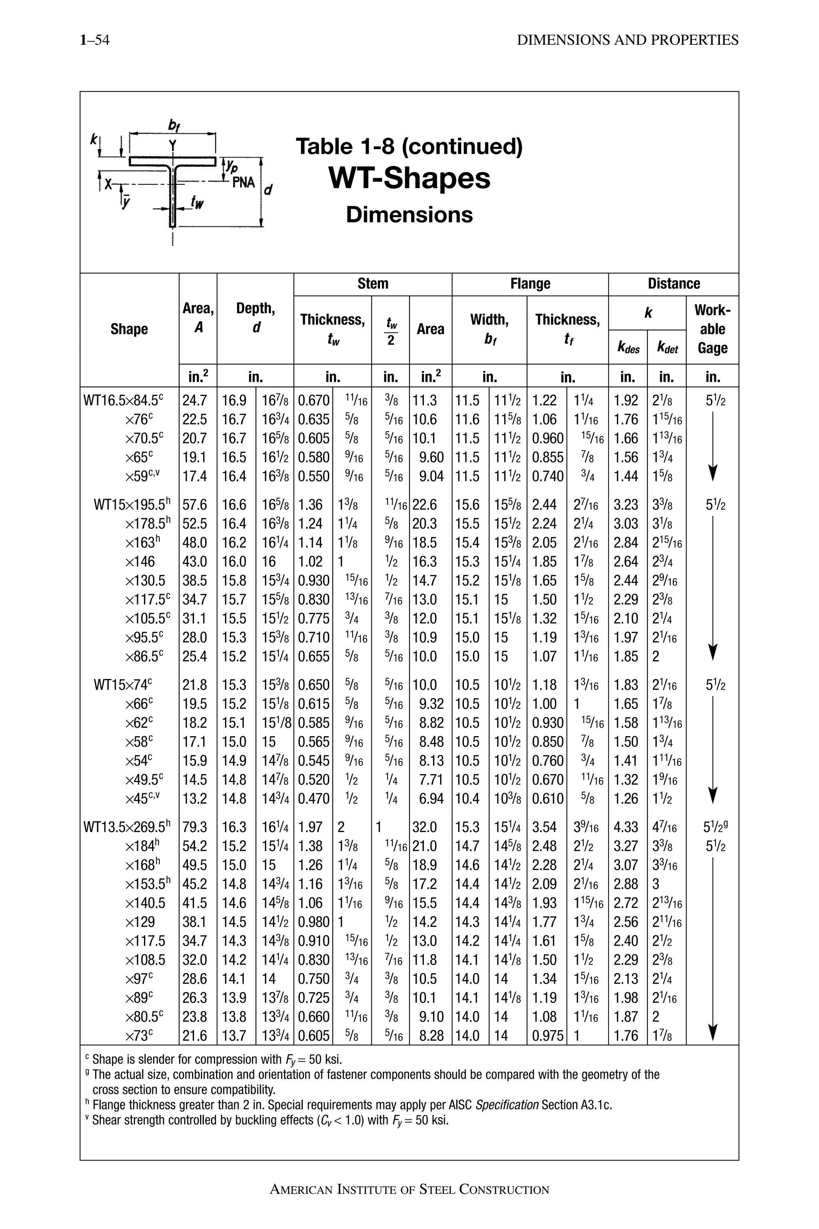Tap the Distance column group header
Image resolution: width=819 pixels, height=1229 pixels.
(x=673, y=284)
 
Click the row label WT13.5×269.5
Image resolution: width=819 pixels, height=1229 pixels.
(x=127, y=828)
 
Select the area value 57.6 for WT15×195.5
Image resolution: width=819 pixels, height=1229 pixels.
(x=195, y=505)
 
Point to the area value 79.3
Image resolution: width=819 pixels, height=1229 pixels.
(x=195, y=828)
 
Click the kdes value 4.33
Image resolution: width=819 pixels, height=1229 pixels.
(x=626, y=828)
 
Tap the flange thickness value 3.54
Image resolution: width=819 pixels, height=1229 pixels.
(x=544, y=828)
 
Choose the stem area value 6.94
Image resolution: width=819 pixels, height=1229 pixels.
(x=431, y=799)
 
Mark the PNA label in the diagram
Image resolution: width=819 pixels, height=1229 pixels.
(x=244, y=182)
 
